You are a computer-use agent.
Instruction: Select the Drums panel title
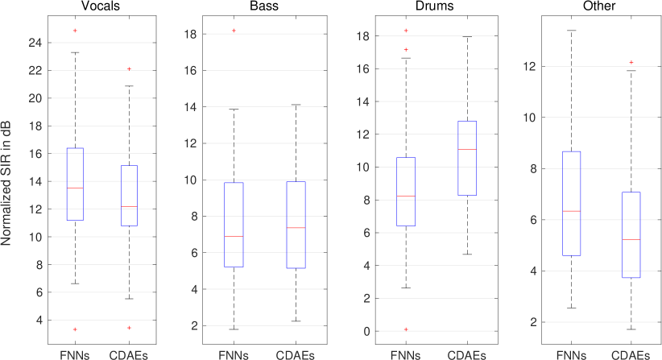point(424,7)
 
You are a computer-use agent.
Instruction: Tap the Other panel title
point(594,7)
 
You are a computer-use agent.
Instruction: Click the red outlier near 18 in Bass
point(234,31)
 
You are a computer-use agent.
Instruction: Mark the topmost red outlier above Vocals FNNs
point(75,31)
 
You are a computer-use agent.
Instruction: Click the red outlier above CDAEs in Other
point(631,62)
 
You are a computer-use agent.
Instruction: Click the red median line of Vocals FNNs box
point(75,188)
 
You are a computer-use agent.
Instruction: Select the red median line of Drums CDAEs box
point(466,150)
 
